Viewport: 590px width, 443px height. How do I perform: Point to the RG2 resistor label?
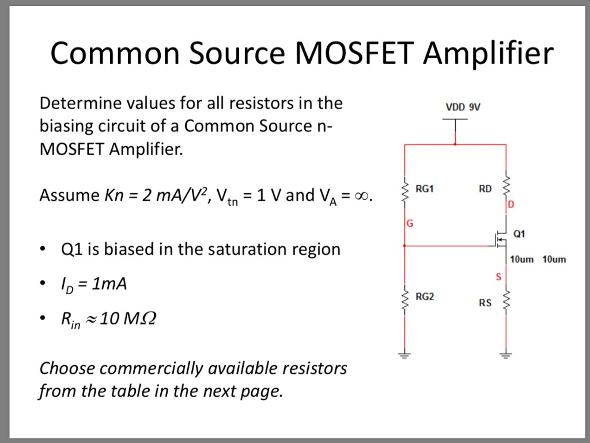[x=425, y=297]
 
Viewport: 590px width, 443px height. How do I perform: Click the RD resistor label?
[x=485, y=188]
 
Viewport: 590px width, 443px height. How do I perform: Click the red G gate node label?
[x=410, y=223]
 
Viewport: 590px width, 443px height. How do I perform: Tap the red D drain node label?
[x=510, y=205]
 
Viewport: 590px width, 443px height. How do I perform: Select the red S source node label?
[x=498, y=277]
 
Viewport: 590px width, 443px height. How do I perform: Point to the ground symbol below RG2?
[x=404, y=354]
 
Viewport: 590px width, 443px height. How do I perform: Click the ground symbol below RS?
[x=506, y=354]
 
